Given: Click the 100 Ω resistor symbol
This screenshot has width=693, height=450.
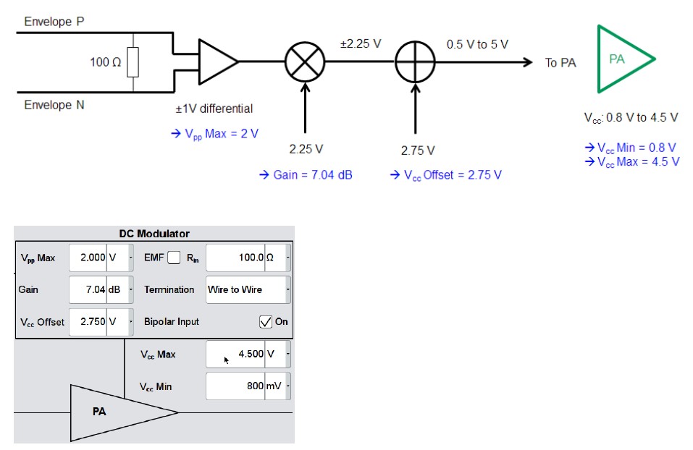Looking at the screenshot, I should tap(133, 62).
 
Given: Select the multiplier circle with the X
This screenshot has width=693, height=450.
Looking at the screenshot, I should tap(305, 62).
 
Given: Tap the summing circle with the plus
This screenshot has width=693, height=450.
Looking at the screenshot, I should tap(416, 62).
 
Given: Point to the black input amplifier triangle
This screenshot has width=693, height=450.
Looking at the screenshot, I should tap(217, 62).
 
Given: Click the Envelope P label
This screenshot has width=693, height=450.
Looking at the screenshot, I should tap(54, 22).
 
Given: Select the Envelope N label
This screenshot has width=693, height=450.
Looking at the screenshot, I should tap(54, 105).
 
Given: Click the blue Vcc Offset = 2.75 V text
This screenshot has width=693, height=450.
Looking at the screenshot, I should tap(445, 175).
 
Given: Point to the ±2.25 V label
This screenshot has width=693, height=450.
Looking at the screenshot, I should tap(360, 44).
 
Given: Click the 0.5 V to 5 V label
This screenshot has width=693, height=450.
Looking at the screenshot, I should tap(477, 44).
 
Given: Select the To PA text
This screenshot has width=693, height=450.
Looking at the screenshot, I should tap(560, 63).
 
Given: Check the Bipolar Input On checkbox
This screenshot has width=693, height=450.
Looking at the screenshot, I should tap(266, 322).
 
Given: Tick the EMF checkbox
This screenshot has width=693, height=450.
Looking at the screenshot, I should tap(174, 258).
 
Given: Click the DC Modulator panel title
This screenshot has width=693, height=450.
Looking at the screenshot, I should tap(154, 234).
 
